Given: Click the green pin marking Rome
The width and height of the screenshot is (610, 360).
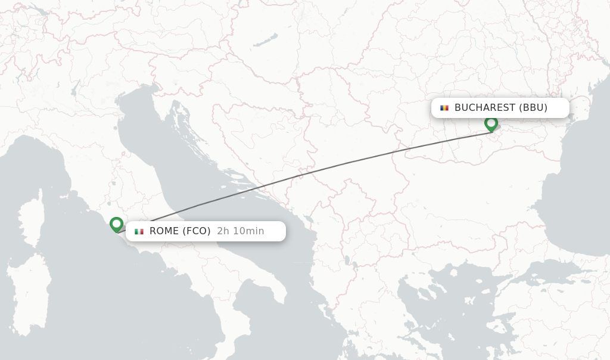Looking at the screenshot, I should [117, 224].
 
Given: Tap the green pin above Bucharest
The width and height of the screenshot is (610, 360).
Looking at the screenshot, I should [491, 123].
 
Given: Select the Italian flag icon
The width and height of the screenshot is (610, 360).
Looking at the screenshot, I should [139, 231].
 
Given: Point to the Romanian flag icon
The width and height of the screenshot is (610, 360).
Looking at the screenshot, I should [444, 108].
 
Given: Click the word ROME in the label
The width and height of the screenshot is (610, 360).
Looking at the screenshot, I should [164, 231].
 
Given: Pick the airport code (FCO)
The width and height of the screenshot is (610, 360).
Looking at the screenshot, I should [197, 231].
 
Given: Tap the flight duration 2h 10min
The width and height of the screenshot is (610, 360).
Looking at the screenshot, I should [241, 231].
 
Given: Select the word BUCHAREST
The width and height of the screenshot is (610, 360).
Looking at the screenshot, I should [485, 108].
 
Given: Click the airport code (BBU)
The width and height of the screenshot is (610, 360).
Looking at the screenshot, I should [533, 108].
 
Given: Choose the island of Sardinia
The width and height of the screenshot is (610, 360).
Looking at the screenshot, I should [27, 292].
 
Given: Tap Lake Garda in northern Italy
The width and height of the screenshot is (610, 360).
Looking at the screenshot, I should [76, 89].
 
